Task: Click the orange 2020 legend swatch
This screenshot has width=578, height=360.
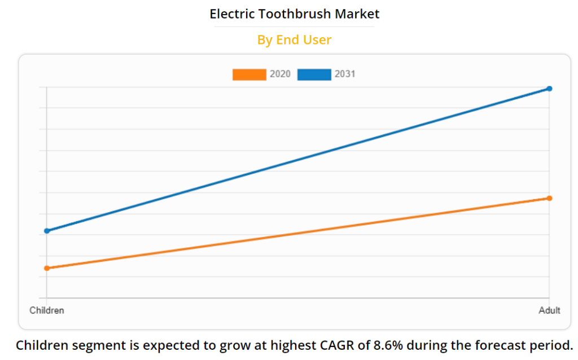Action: (249, 74)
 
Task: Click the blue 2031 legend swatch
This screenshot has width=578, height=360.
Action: (314, 74)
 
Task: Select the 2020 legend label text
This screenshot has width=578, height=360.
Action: (280, 74)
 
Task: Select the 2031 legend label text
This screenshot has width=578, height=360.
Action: (345, 74)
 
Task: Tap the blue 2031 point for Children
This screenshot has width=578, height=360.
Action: (47, 231)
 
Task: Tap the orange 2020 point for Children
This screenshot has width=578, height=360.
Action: (47, 268)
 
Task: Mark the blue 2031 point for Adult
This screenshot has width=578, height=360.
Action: (549, 89)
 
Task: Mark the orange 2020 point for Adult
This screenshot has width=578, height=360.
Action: (549, 198)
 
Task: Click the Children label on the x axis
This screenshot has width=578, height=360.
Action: (47, 310)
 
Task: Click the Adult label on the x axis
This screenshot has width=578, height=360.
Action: (549, 310)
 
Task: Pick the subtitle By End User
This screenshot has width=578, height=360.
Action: (294, 39)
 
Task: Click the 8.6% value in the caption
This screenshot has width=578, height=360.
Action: (388, 345)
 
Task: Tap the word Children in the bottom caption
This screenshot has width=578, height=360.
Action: (41, 345)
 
